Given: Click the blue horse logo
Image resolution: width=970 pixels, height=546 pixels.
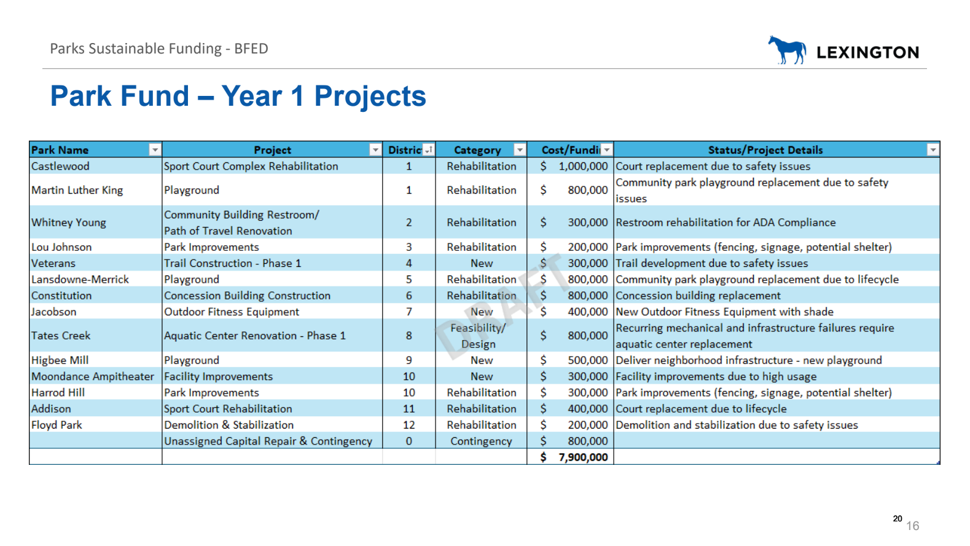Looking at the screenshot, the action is tap(787, 50).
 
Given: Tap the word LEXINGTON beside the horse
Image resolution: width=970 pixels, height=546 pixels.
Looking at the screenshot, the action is tap(868, 52).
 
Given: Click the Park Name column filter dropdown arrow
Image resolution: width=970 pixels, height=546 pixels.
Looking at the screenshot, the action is tap(155, 150).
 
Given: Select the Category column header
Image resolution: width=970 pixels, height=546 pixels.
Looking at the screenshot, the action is tap(477, 150).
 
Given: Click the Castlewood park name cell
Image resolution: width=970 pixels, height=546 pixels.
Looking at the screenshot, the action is tap(60, 166).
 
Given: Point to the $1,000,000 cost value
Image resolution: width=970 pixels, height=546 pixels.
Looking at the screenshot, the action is tap(574, 166).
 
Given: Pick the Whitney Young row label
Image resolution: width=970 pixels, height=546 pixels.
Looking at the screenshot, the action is tap(68, 223).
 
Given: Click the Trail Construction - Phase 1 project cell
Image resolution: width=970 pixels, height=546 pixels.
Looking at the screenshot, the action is tap(233, 263).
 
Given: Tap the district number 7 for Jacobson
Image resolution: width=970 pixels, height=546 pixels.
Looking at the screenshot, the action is tap(409, 312).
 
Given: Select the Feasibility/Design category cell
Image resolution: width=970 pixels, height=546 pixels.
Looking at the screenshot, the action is tap(478, 336).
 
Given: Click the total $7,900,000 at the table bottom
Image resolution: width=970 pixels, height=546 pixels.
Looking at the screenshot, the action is tap(574, 457).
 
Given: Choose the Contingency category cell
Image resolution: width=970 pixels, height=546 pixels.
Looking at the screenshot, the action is tap(481, 441).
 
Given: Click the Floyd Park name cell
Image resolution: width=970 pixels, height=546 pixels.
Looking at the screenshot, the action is tap(57, 425).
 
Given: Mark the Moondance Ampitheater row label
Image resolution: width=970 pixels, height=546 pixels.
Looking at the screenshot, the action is tap(93, 376).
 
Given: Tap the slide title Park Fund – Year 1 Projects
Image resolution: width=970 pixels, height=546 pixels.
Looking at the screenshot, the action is tap(238, 96).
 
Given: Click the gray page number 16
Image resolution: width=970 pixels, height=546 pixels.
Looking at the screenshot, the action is tap(913, 526).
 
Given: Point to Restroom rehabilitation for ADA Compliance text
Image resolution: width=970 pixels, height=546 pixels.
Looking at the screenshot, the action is tap(726, 223).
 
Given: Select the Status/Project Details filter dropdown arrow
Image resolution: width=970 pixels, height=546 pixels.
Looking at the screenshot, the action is tap(933, 150).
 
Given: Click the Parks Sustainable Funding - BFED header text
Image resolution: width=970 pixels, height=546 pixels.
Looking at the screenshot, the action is tap(159, 49).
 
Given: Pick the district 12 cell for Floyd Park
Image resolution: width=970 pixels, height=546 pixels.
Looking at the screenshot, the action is tap(409, 425).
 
